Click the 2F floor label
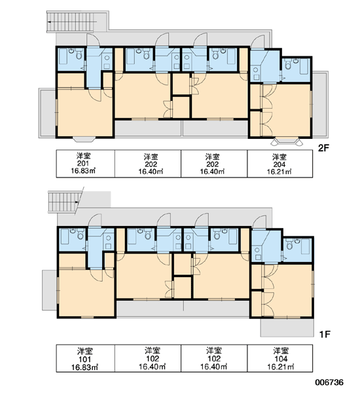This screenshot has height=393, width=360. pyautogui.click(x=323, y=149)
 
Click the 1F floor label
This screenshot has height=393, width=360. pyautogui.click(x=325, y=334)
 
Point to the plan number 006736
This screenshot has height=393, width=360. pyautogui.click(x=329, y=383)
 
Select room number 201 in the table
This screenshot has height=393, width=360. pyautogui.click(x=83, y=164)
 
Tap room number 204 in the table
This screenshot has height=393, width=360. pyautogui.click(x=279, y=164)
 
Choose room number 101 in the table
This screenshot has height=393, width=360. pyautogui.click(x=85, y=360)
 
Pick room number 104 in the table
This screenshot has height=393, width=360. pyautogui.click(x=281, y=359)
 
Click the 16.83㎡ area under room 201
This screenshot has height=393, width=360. pyautogui.click(x=83, y=171)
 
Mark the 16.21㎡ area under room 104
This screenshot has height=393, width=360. pyautogui.click(x=280, y=367)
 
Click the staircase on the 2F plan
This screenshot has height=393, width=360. pyautogui.click(x=70, y=22)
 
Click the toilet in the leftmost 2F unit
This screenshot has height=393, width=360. pyautogui.click(x=79, y=55)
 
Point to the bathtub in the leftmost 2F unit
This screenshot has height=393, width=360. pyautogui.click(x=63, y=56)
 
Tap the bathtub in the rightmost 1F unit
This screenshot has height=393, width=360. pyautogui.click(x=306, y=246)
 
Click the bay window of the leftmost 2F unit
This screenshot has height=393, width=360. pyautogui.click(x=84, y=139)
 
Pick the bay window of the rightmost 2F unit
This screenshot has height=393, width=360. pyautogui.click(x=287, y=141)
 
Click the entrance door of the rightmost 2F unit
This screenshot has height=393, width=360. pyautogui.click(x=259, y=41)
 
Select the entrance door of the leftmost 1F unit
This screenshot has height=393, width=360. pyautogui.click(x=95, y=221)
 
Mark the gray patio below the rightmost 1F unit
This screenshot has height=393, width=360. pyautogui.click(x=287, y=327)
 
